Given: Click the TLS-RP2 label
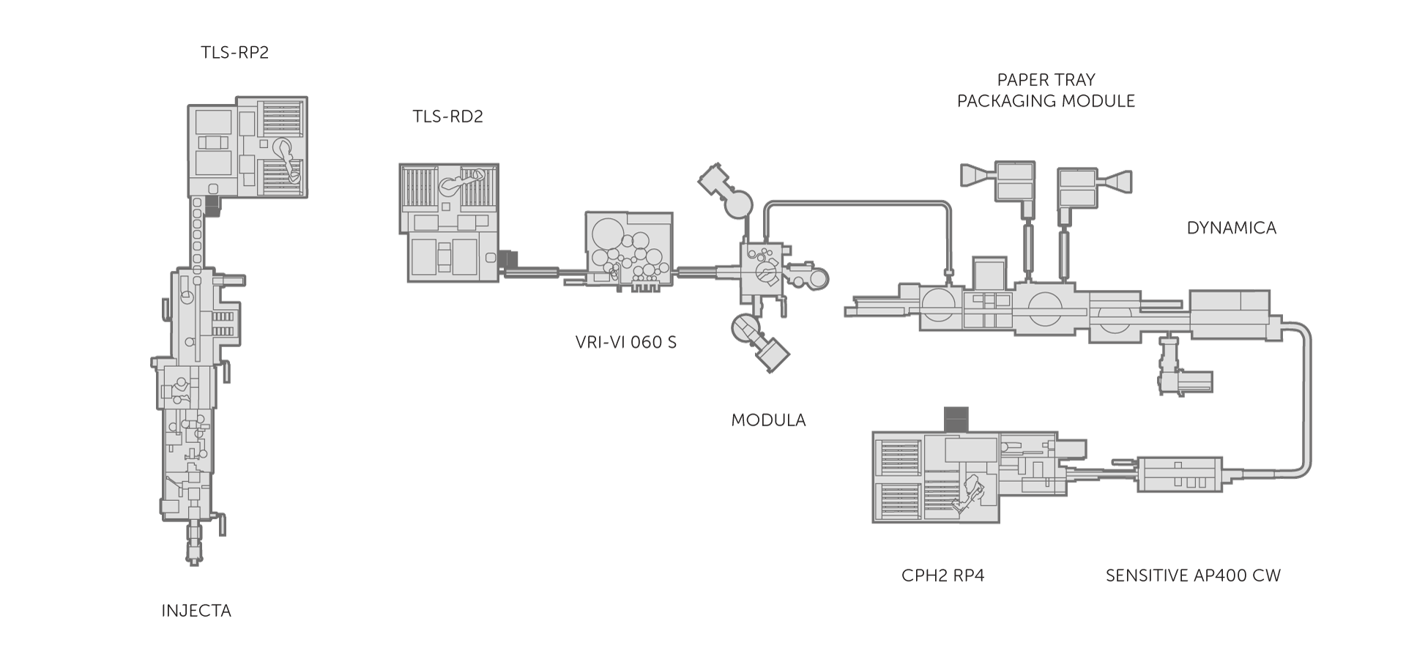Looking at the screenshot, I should [234, 53].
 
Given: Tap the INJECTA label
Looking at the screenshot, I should [196, 610].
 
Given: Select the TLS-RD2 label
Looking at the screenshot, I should [447, 116].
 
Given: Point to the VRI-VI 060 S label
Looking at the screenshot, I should [625, 341].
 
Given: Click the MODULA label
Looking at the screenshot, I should [768, 420].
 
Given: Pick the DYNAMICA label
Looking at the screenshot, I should [1231, 228].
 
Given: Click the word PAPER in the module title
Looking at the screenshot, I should [1019, 80].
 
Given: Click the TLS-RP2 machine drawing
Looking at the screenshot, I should [248, 146].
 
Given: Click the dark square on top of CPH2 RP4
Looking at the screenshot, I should [956, 418].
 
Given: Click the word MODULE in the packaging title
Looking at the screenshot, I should [1095, 101].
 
